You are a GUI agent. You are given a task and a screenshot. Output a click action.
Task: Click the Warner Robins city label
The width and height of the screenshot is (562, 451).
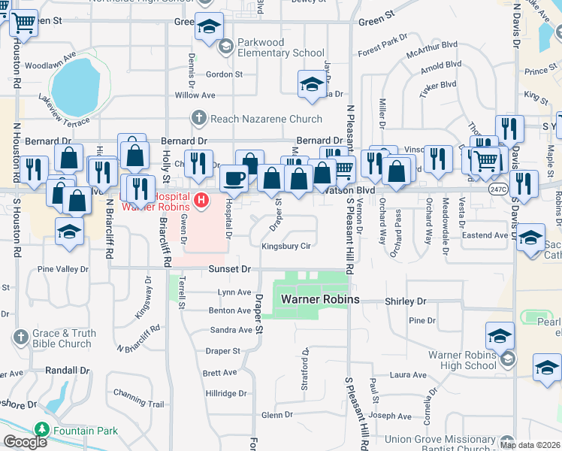(320, 299)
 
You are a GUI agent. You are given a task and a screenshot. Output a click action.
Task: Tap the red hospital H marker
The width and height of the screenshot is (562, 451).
(200, 199)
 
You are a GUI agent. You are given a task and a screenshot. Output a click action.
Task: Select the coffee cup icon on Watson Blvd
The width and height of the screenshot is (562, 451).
(234, 179)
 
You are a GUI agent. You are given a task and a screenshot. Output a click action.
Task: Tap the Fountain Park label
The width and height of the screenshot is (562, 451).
(86, 431)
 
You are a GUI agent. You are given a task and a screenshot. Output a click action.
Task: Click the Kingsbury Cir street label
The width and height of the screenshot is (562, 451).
(286, 247)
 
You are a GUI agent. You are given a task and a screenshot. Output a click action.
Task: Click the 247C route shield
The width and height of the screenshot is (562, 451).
(497, 190)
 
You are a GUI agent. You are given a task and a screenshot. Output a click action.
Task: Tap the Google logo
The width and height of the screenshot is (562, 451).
(25, 441)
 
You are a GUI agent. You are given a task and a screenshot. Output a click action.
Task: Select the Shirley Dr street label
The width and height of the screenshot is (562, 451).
(405, 301)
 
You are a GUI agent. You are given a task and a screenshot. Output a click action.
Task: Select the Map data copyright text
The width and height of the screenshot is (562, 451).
(530, 445)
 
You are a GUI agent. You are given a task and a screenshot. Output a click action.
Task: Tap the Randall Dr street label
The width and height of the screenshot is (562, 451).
(67, 371)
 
